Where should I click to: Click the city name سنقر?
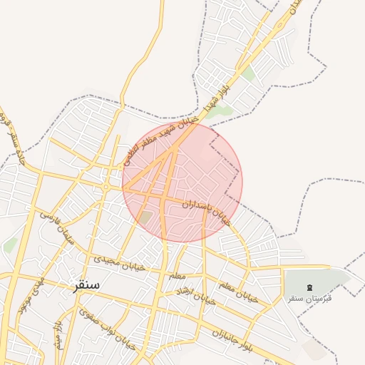86,284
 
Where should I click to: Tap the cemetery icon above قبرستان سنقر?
309,287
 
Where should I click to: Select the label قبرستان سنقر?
310,297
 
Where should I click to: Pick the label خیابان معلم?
236,292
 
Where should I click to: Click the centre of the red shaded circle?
182,182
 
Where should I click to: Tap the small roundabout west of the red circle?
106,187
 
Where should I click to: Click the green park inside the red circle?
145,217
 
